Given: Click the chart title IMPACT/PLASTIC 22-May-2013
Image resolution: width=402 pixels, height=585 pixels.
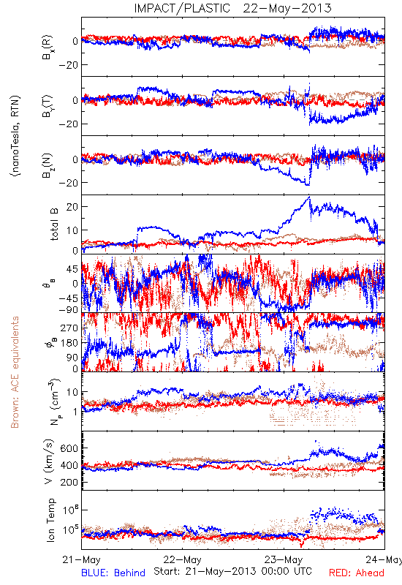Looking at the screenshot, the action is pos(232,8).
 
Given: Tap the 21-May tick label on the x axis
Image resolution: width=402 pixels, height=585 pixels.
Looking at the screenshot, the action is pos(82,559).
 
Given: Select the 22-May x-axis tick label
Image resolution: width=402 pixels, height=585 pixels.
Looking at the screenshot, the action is pos(182,559).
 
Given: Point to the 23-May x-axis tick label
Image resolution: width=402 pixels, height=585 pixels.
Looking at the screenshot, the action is pos(284,559).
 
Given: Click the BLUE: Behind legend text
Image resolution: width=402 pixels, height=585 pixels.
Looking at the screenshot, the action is pos(113,573).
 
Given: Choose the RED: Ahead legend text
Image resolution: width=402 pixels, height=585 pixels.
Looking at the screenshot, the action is pos(357,573).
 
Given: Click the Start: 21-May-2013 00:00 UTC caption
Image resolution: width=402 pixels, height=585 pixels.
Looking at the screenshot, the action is pos(232,571).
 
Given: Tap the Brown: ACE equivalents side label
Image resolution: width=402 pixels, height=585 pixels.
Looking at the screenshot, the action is pos(15,372).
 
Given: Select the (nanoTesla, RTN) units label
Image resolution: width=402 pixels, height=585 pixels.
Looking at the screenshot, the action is pos(15,136).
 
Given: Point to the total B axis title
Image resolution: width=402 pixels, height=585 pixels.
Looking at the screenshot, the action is pos(54,224).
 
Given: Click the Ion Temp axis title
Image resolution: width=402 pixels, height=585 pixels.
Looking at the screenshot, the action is pos(50,520).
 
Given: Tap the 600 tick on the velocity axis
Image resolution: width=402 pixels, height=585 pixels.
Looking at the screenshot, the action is pos(69,448).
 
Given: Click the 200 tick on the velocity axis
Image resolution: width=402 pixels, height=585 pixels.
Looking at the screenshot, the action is pos(69,482).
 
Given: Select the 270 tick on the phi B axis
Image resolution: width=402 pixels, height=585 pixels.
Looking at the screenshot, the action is pos(69,328).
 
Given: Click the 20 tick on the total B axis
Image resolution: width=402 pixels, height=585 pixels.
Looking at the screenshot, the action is pos(72,207).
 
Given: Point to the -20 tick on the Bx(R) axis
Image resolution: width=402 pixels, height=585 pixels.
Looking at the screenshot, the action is pos(68,65).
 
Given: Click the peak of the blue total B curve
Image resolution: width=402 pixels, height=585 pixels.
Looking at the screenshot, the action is pos(309,196).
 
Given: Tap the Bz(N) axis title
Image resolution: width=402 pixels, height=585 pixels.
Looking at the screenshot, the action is pos(48,165).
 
